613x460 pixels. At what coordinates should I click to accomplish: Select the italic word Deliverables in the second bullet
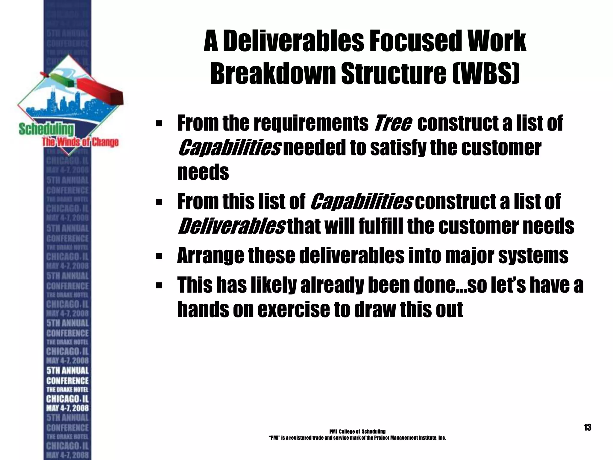pyautogui.click(x=231, y=226)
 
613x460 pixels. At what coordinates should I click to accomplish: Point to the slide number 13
pyautogui.click(x=587, y=427)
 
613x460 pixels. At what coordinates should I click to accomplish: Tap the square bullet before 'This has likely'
pyautogui.click(x=159, y=285)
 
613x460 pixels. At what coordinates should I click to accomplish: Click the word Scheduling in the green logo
pyautogui.click(x=46, y=129)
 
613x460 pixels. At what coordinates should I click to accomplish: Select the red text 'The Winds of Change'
pyautogui.click(x=80, y=142)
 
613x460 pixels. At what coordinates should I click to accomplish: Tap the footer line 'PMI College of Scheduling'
pyautogui.click(x=357, y=432)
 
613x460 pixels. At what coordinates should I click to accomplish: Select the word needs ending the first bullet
pyautogui.click(x=203, y=172)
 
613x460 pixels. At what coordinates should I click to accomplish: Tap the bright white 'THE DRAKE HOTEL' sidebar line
pyautogui.click(x=67, y=390)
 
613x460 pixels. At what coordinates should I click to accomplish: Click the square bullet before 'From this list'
pyautogui.click(x=159, y=202)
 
